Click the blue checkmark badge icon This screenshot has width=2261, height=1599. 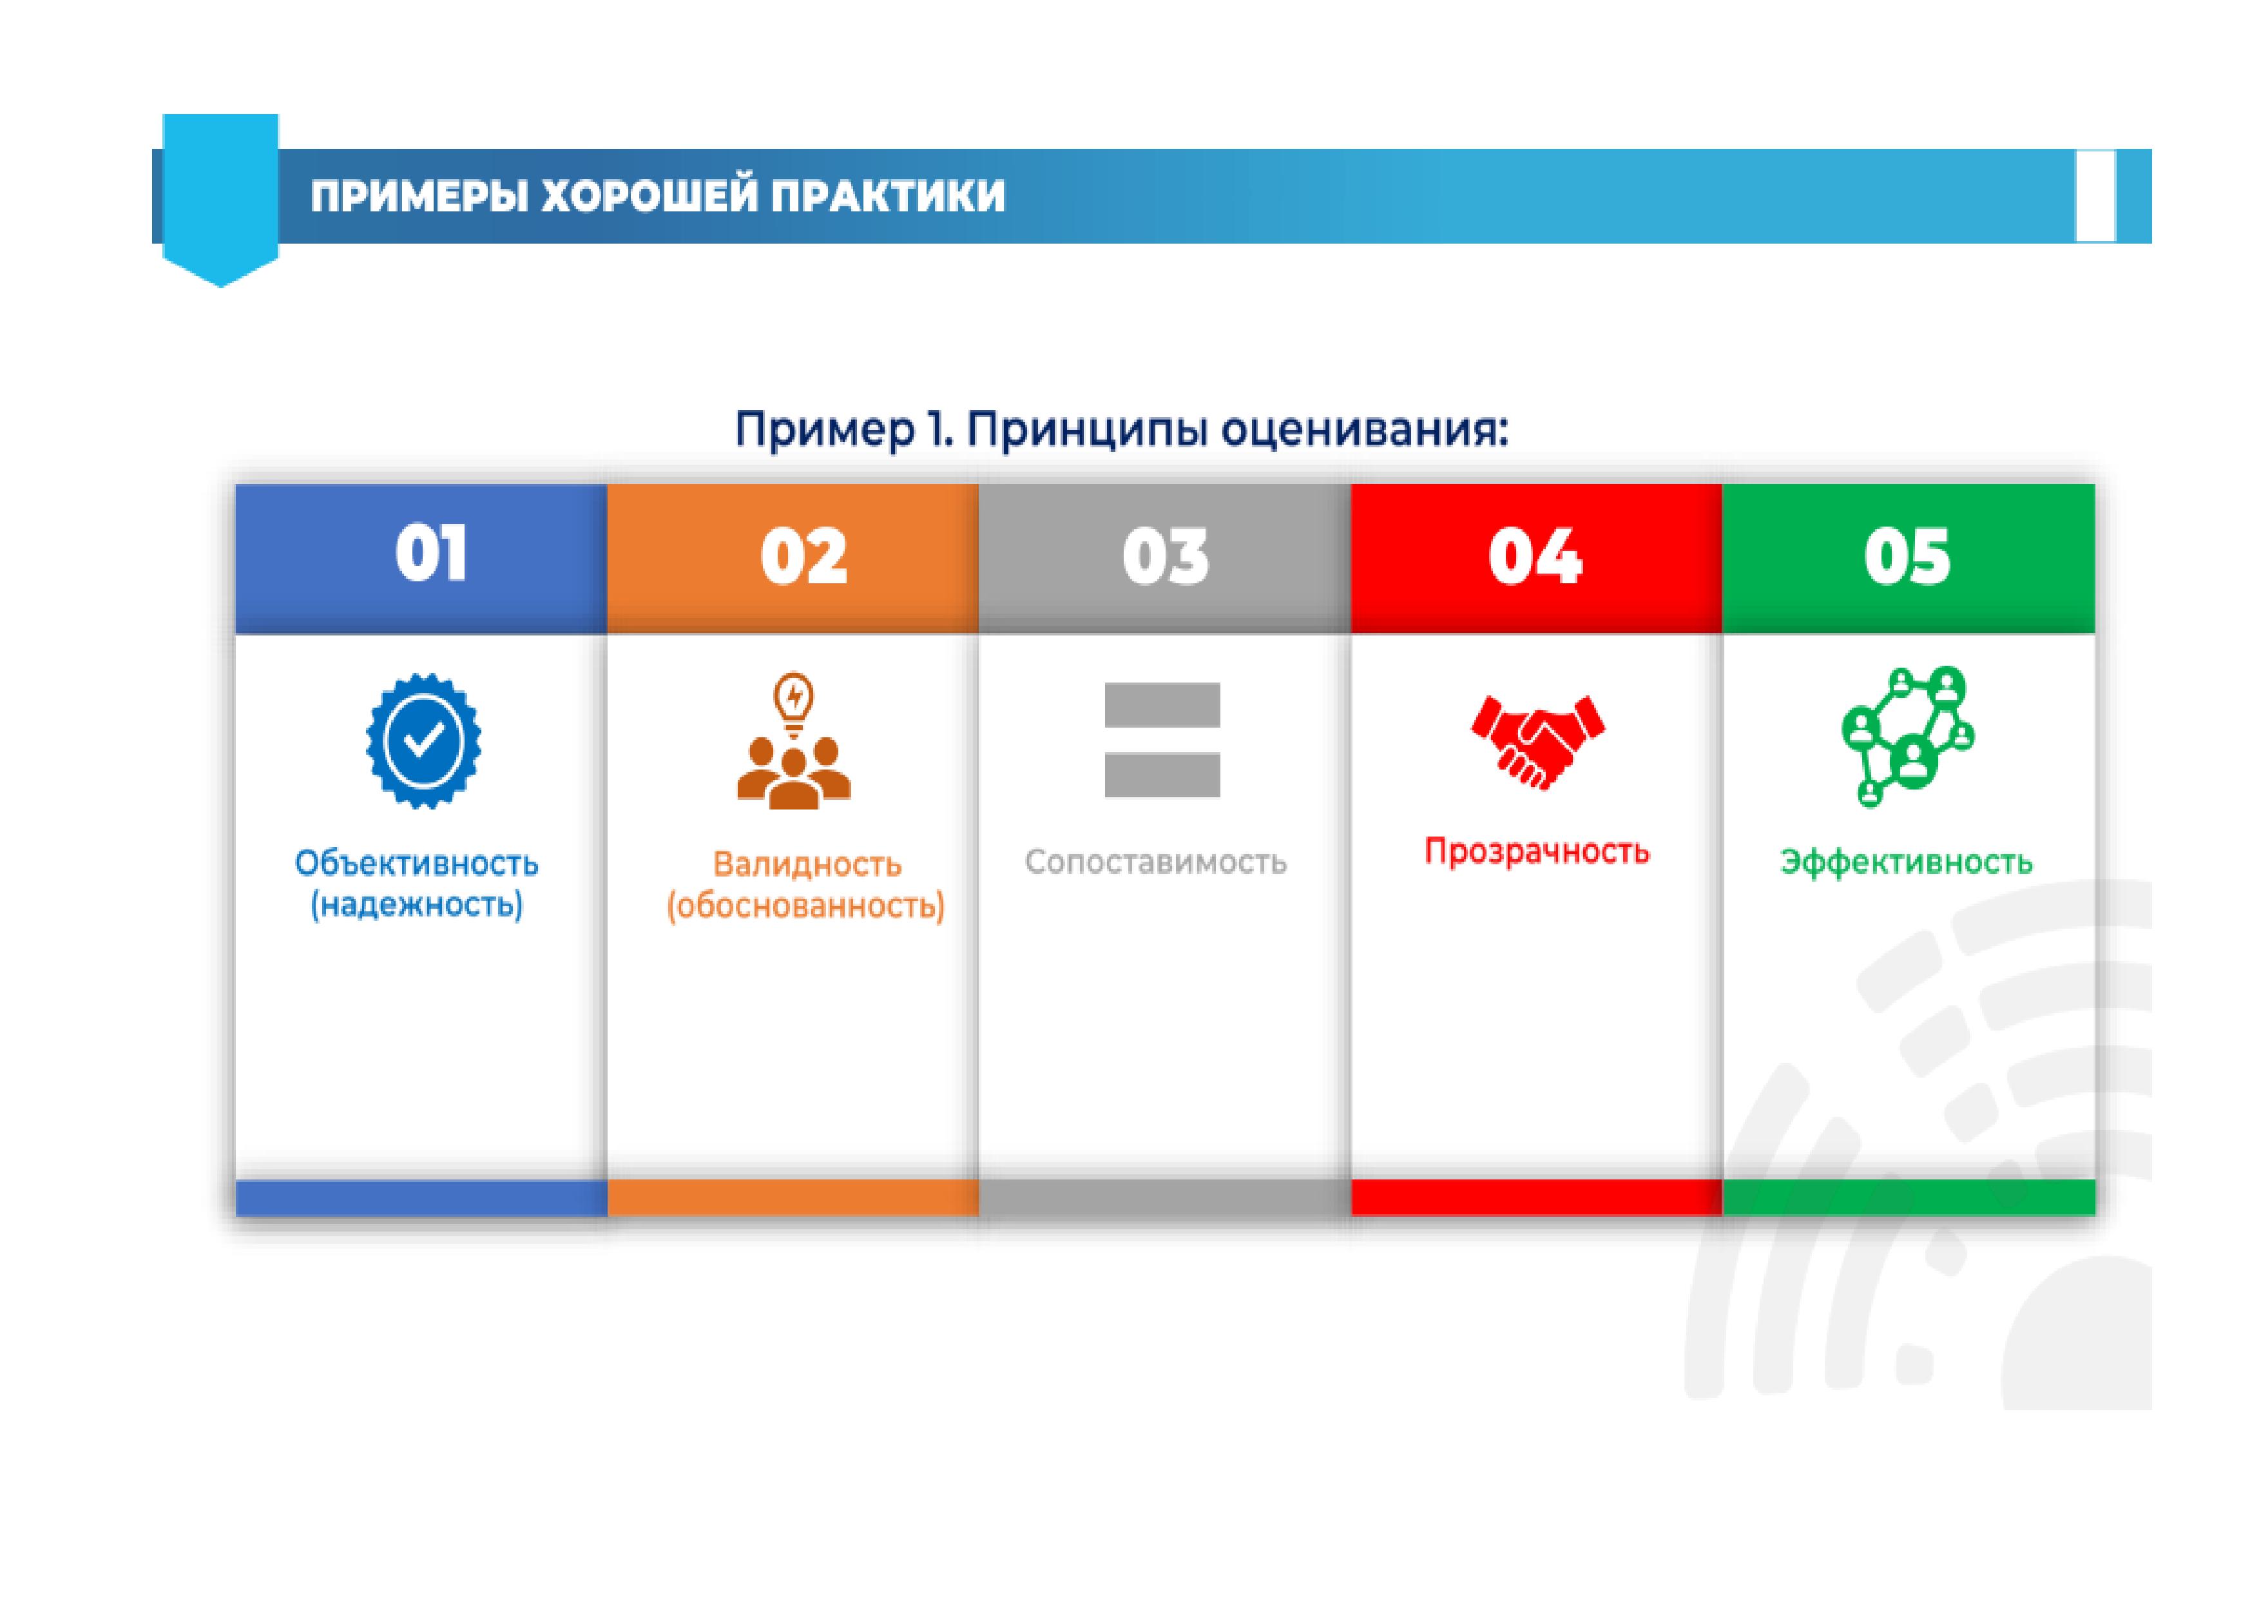click(423, 741)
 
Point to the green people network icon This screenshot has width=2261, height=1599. click(1907, 737)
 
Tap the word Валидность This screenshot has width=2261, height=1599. click(807, 865)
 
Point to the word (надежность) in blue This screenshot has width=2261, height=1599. click(416, 904)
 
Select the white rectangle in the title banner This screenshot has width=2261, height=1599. click(2095, 195)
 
